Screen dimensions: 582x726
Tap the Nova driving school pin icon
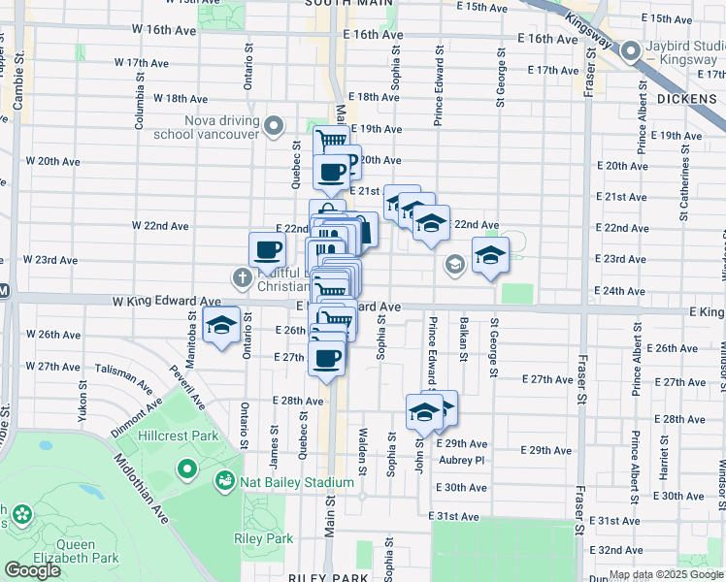pyautogui.click(x=274, y=126)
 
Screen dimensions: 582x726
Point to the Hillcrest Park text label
pyautogui.click(x=184, y=436)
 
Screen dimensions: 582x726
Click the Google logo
pyautogui.click(x=32, y=570)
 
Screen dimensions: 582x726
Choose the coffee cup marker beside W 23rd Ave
pyautogui.click(x=268, y=251)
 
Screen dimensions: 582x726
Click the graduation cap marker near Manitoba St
pyautogui.click(x=222, y=328)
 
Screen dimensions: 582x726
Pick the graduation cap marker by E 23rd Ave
pyautogui.click(x=490, y=257)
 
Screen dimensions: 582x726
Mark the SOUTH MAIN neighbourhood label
pyautogui.click(x=342, y=4)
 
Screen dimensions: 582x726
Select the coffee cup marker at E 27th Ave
pyautogui.click(x=326, y=359)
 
